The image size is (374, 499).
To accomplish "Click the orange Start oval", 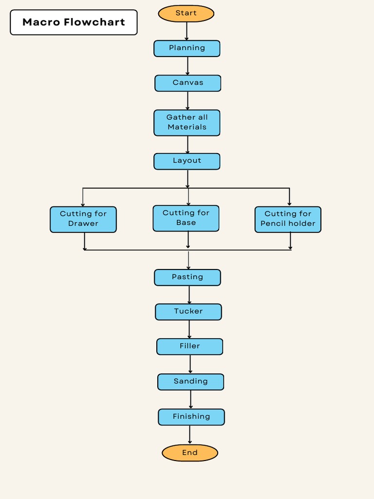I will coord(186,14).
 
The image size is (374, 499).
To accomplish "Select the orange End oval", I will coord(190,453).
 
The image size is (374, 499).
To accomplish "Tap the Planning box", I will coord(187,48).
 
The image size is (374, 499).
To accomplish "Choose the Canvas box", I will coord(188,83).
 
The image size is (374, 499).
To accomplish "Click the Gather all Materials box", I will coord(187,122).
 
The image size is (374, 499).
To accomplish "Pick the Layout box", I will coord(187,161).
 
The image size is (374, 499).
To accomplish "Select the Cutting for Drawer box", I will coord(83,219).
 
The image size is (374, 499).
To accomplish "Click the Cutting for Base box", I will coord(186,218).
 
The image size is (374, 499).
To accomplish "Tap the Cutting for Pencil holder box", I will coord(288,219).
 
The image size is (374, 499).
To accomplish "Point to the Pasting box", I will coord(187,277).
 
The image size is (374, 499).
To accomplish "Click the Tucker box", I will coord(188,312).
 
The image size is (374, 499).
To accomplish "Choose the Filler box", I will coord(190,346).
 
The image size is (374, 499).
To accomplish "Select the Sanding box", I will coord(191,382).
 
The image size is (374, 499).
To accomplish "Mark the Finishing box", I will coord(191,417).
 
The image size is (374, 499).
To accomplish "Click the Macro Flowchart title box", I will coord(74,22).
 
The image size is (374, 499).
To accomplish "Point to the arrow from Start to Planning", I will coord(187,31).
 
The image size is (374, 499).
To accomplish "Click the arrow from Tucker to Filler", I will coord(189,329).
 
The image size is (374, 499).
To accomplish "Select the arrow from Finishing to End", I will coord(190,435).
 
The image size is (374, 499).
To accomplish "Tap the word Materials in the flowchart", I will coord(187,127).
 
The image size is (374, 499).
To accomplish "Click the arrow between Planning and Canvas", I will coord(187,66).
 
